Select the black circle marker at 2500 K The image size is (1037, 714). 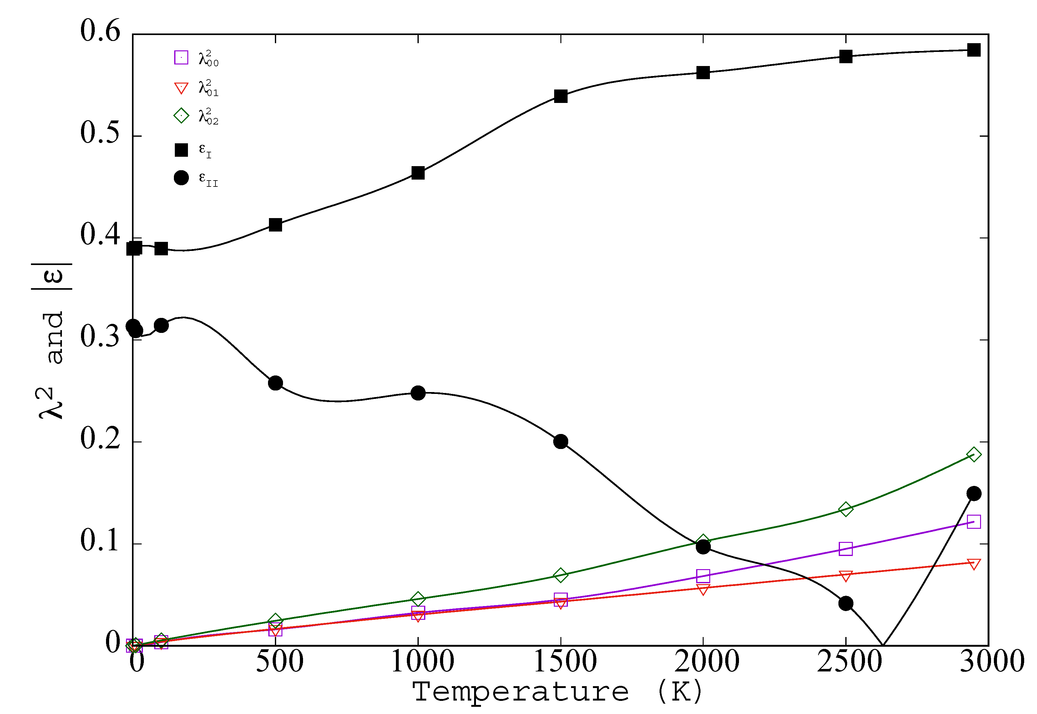846,604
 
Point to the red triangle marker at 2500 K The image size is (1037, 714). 846,576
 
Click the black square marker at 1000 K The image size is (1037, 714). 418,173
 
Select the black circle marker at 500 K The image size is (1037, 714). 276,383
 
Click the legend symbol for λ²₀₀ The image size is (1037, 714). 181,58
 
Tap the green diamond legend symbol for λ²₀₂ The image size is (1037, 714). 181,116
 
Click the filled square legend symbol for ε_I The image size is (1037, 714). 181,150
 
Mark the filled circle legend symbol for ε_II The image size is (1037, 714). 181,178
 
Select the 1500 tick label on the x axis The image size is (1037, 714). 565,661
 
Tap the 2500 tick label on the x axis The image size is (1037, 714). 849,661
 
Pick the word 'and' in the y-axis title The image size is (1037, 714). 55,338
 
